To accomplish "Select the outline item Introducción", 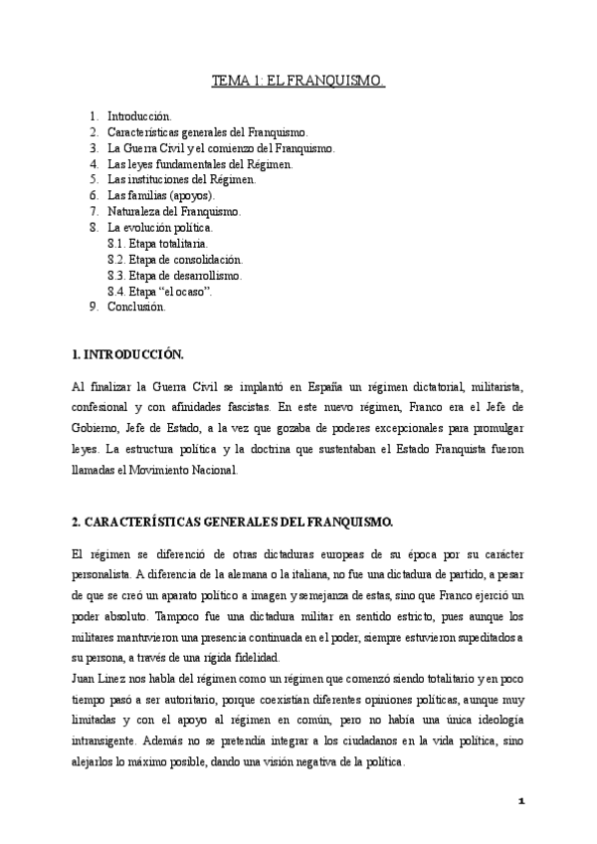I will [139, 116].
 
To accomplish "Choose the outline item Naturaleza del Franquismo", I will [174, 212].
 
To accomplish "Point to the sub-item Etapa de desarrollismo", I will [173, 275].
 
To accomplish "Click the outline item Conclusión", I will [136, 307].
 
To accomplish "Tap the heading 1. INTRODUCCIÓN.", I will [128, 354].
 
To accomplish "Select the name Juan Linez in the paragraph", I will [100, 677].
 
